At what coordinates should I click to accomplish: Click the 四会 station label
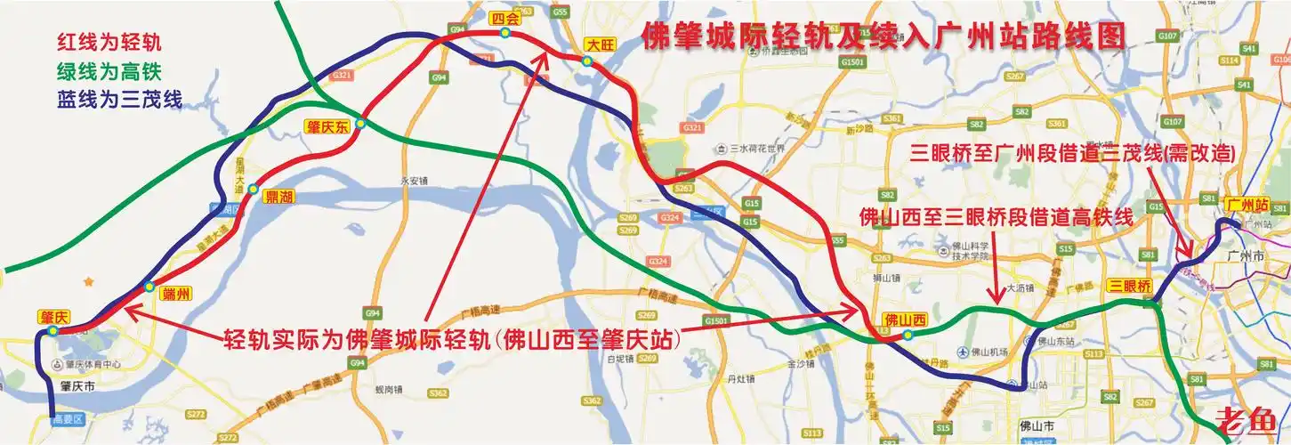504,18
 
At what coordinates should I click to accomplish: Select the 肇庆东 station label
327,126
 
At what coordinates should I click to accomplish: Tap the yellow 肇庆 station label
54,317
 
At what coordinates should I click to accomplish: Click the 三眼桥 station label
1129,287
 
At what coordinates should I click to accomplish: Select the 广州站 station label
1246,204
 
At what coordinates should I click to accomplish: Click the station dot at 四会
504,33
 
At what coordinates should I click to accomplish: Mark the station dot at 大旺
587,61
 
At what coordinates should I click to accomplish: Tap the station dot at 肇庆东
360,124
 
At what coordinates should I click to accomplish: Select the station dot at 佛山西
907,336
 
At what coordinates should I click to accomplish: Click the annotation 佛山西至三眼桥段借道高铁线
996,218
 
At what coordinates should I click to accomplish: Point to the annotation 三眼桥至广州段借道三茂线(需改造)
1074,153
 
